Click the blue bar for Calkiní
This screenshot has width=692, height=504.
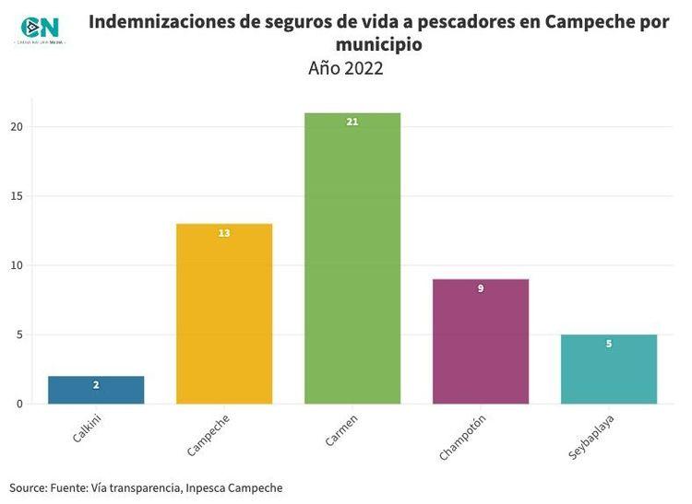[x=96, y=390]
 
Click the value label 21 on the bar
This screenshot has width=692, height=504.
[x=352, y=122]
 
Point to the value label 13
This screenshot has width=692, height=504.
[x=224, y=233]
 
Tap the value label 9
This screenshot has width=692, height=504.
[x=481, y=288]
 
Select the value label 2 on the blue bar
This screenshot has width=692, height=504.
[x=96, y=385]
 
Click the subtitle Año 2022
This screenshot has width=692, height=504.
[x=346, y=68]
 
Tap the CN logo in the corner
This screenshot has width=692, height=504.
[x=39, y=29]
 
